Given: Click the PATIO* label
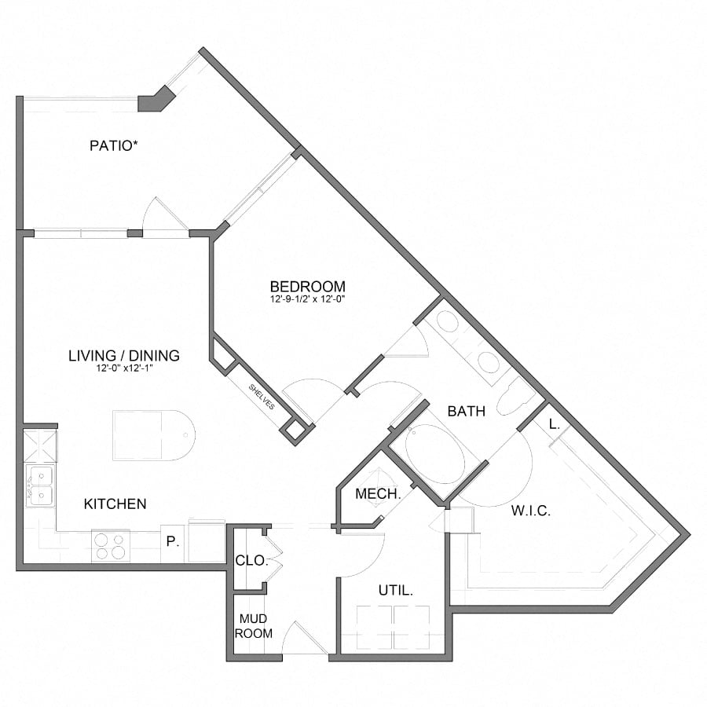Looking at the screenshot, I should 119,145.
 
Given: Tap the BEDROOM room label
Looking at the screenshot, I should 307,286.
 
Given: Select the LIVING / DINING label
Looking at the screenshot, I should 124,356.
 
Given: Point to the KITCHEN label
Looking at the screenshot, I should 115,504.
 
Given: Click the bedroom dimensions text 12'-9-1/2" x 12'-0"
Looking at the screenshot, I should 307,299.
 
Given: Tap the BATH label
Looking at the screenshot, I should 467,411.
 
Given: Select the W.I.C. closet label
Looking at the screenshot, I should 530,511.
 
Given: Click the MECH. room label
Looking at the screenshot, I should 379,494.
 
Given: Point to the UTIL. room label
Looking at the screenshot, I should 396,590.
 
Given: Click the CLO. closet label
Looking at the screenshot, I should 252,561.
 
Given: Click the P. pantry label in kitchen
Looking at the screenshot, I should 171,541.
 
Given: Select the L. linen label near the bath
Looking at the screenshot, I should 555,424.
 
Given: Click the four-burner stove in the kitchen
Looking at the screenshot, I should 110,545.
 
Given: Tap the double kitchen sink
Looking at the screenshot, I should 38,485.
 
